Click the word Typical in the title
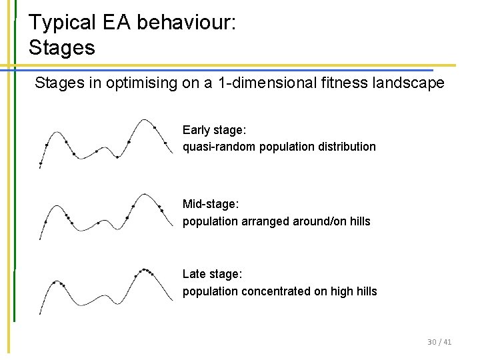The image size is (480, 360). pyautogui.click(x=62, y=23)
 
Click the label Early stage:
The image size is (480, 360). pyautogui.click(x=214, y=130)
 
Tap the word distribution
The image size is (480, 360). pyautogui.click(x=343, y=146)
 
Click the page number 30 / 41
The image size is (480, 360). pyautogui.click(x=439, y=342)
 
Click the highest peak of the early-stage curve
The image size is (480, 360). pyautogui.click(x=145, y=121)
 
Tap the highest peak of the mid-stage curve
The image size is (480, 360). pyautogui.click(x=145, y=195)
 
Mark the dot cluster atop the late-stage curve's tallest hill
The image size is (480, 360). pyautogui.click(x=145, y=271)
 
